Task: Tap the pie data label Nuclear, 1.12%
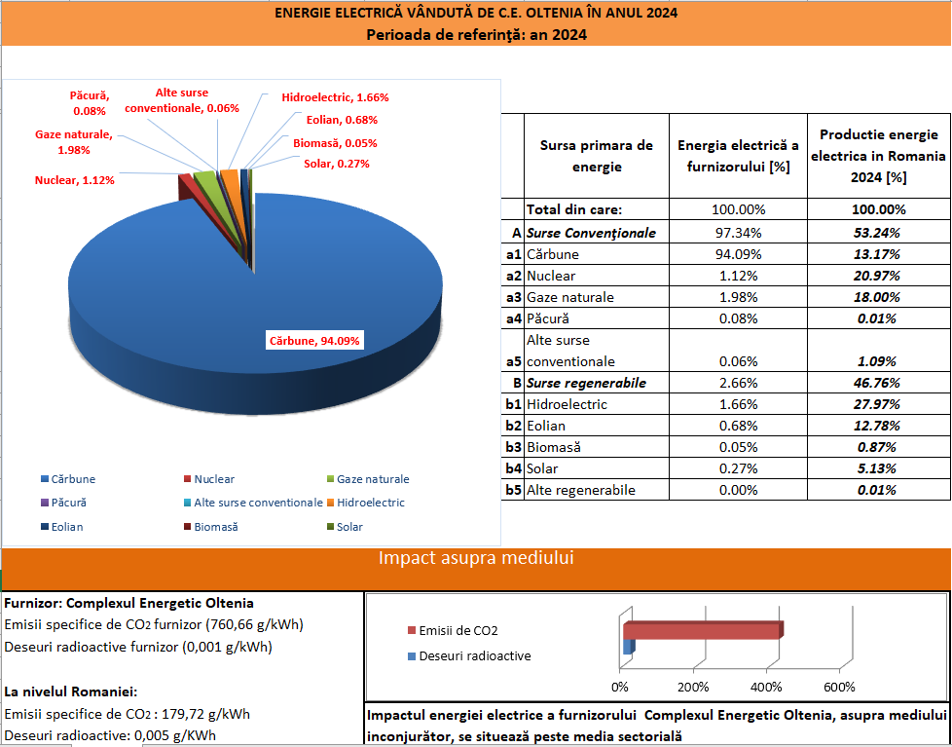pos(74,180)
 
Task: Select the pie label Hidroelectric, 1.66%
pos(335,97)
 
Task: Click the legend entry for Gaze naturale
pos(373,479)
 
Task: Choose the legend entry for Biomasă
pos(216,527)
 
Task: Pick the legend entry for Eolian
pos(67,527)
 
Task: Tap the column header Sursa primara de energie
pos(596,156)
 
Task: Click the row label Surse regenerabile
pos(586,383)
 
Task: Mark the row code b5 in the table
pos(513,490)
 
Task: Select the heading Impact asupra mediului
pos(475,558)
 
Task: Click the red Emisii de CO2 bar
pos(701,631)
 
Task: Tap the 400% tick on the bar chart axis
pos(766,687)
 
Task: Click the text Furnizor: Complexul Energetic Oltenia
pos(129,603)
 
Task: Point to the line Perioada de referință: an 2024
pos(476,35)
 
